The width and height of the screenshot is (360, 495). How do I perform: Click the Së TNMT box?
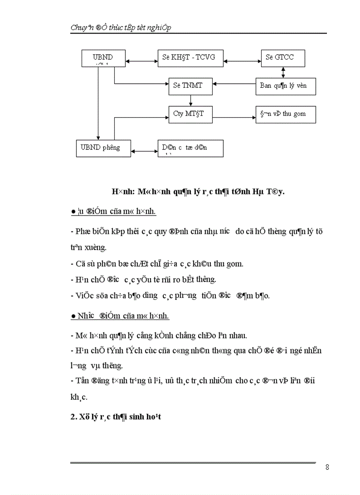coord(191,86)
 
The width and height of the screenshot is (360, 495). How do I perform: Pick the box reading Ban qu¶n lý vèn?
coord(286,86)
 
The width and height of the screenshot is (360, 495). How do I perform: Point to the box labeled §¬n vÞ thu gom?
coord(286,114)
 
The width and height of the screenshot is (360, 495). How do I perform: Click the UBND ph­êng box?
coord(103,147)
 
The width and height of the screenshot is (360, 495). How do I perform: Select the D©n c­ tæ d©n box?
coord(191,148)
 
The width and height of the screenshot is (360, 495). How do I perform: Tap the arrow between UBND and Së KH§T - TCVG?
coord(142,58)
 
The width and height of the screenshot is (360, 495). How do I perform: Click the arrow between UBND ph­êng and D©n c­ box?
coord(144,151)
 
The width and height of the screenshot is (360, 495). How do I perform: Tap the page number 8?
coord(327,467)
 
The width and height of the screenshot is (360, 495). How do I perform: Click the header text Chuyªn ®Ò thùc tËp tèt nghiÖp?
coord(121,27)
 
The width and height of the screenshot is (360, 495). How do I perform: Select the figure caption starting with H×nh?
coord(198,192)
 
